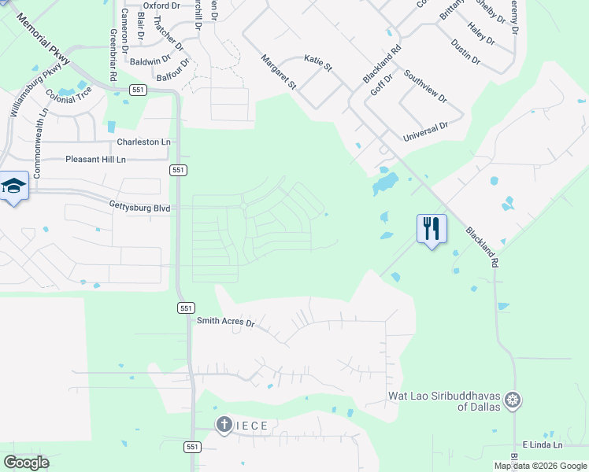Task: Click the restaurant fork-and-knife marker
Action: click(x=432, y=229)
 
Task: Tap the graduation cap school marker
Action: click(x=13, y=186)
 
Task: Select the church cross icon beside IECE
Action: click(x=224, y=426)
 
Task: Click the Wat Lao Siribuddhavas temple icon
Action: click(x=513, y=400)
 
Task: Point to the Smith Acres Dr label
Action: click(x=226, y=322)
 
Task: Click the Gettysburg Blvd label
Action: click(x=140, y=208)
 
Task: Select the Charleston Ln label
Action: click(x=143, y=142)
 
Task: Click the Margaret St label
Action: click(x=279, y=72)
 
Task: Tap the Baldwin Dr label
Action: click(x=150, y=60)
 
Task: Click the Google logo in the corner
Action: click(x=26, y=463)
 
